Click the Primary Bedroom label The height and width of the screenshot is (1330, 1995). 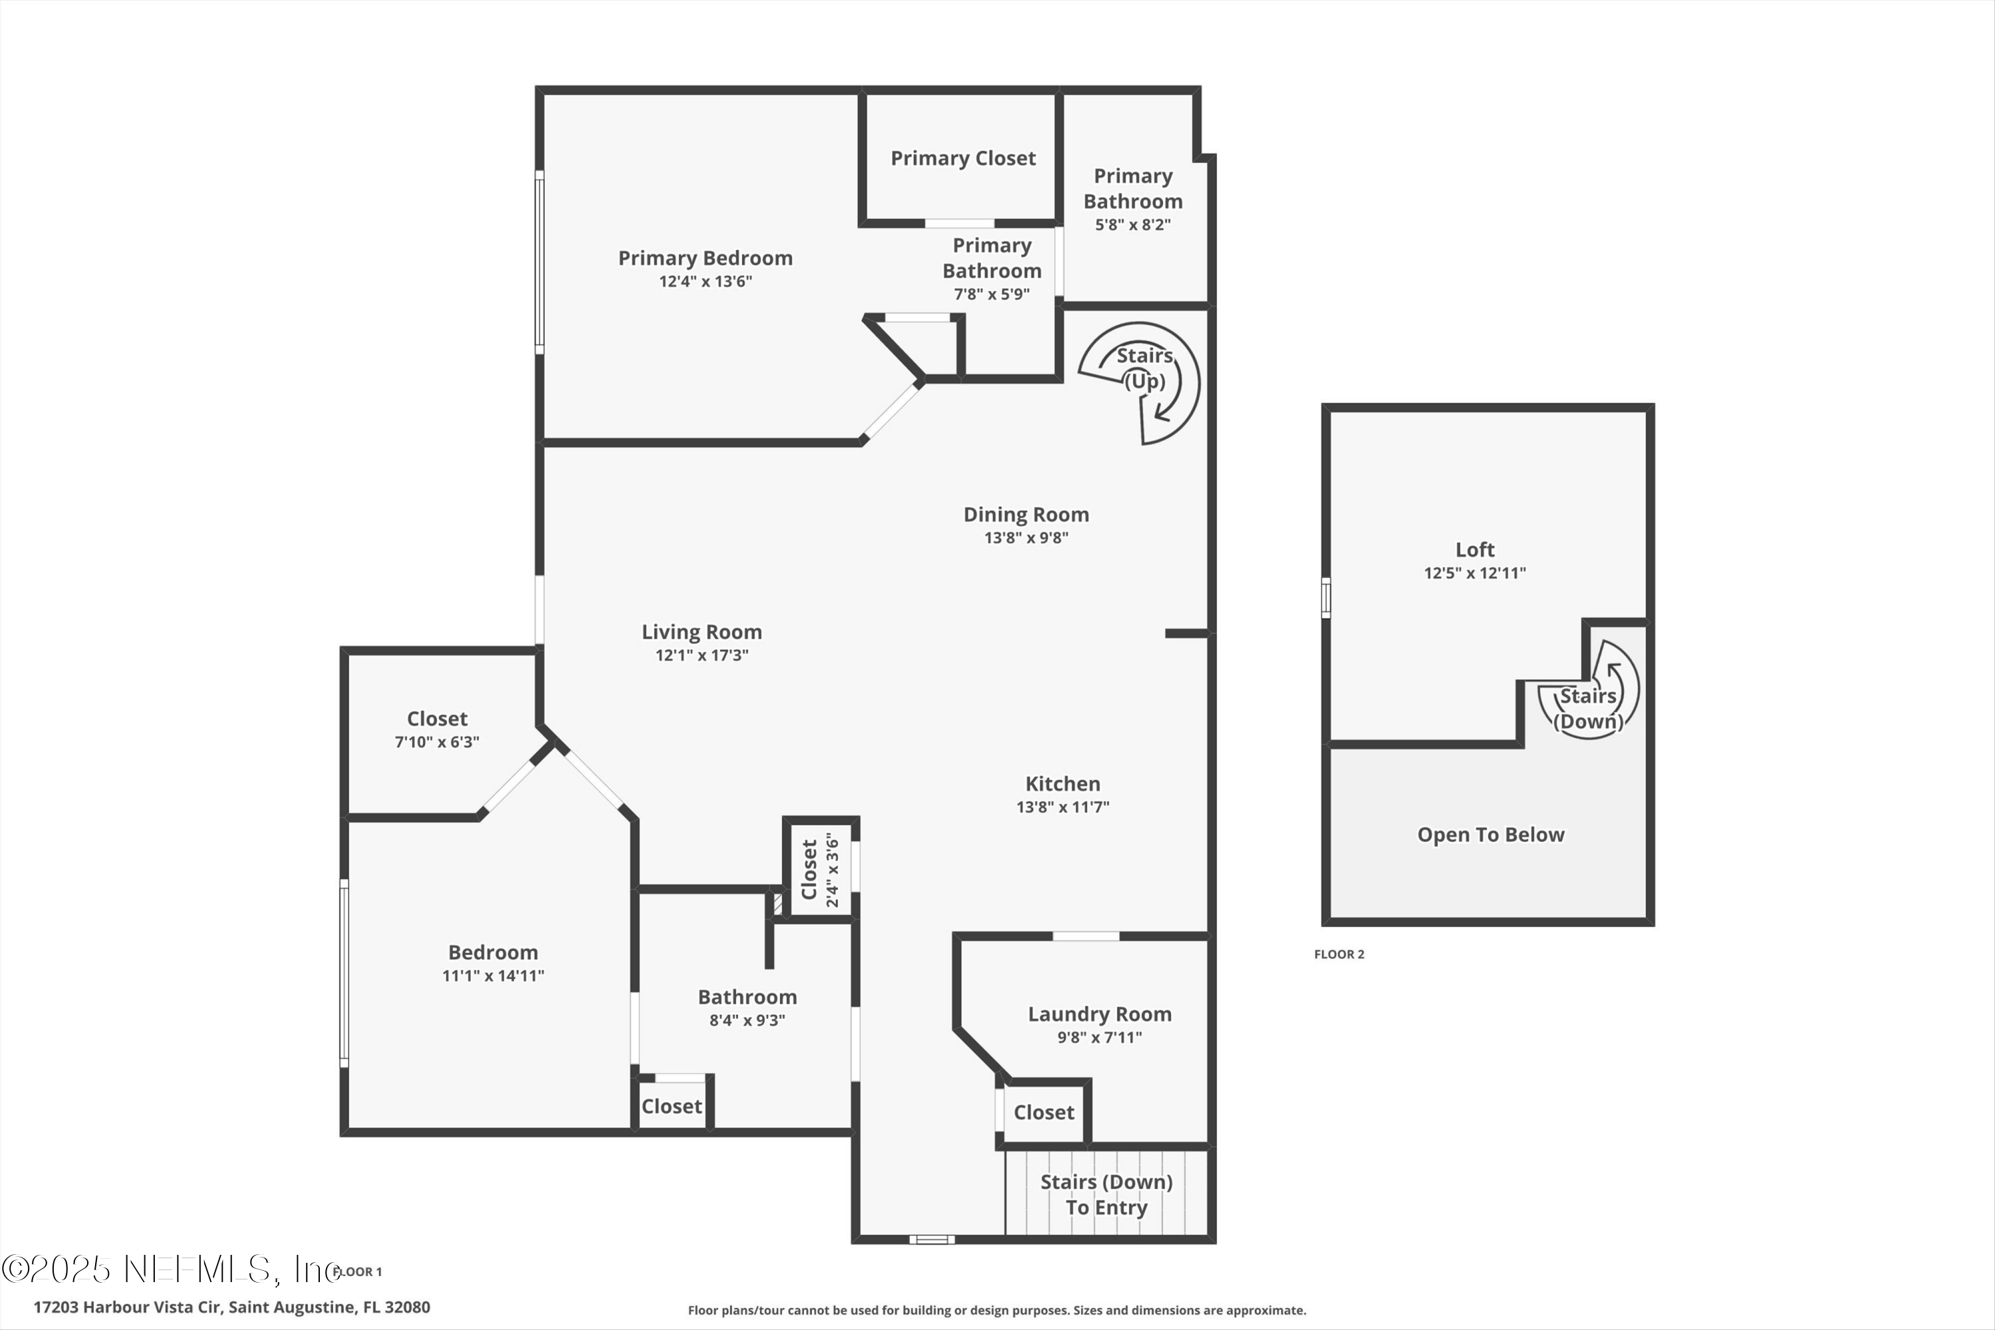coord(705,258)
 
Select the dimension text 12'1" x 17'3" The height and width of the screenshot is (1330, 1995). coord(702,655)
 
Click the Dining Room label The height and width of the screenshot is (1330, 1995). coord(1025,514)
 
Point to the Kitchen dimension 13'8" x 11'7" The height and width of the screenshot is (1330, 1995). coord(1062,807)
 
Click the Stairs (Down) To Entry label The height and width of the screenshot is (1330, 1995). coord(1106,1194)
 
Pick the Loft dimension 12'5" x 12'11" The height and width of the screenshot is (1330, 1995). coord(1474,573)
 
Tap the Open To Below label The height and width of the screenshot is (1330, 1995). coord(1490,835)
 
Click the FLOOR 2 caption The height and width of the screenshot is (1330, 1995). coord(1339,954)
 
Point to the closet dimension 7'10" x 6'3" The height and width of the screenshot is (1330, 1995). coord(437,742)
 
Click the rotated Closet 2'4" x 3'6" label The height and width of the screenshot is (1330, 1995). coord(819,870)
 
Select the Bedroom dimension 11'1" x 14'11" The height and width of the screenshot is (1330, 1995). coord(493,976)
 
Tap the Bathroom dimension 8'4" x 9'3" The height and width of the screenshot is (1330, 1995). coord(746,1019)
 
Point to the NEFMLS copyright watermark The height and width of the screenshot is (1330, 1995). coord(170,1269)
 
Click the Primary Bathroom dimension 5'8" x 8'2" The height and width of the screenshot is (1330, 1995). coord(1132,225)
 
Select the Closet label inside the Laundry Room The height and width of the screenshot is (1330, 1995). coord(1043,1112)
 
